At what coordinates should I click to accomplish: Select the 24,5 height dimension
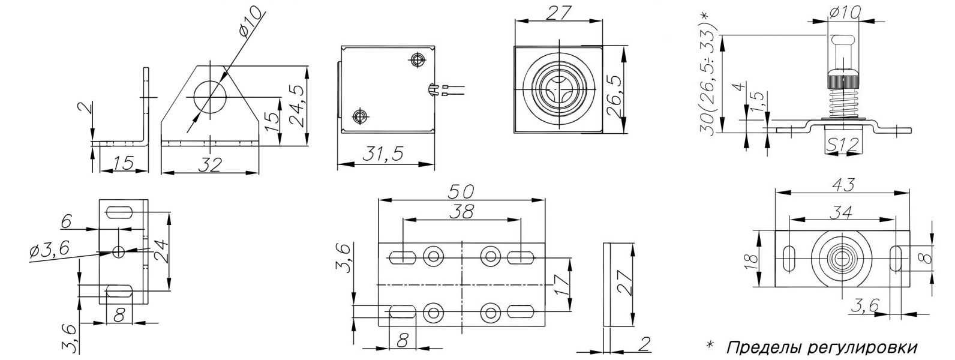(297, 106)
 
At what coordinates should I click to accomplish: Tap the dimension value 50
(461, 192)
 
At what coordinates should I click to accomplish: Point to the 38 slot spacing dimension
(461, 212)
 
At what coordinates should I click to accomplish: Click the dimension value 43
(843, 185)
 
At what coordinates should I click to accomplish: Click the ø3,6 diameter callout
(49, 250)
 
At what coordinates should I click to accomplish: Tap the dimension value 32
(210, 164)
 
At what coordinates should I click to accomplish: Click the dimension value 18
(751, 259)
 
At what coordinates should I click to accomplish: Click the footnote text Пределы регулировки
(822, 347)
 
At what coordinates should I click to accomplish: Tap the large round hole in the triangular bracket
(210, 97)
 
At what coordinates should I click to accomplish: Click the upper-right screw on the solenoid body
(416, 60)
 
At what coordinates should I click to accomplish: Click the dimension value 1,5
(757, 103)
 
